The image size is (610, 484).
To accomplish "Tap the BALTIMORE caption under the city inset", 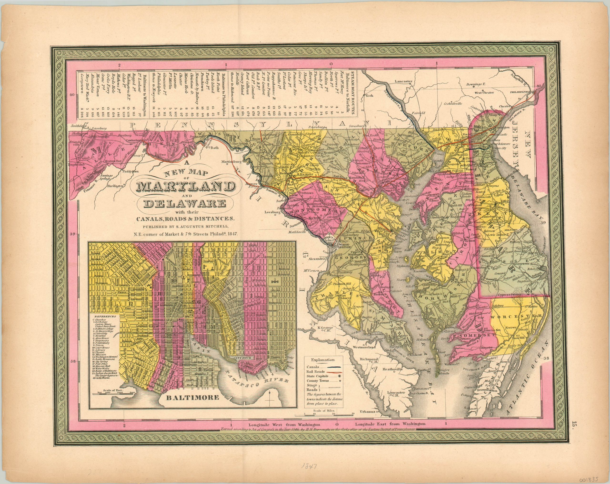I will click(192, 397).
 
